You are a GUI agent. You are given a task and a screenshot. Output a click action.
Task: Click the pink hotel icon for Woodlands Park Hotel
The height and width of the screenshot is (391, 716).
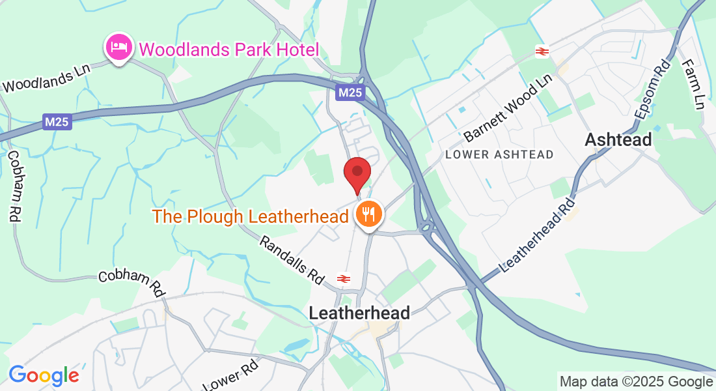pyautogui.click(x=118, y=48)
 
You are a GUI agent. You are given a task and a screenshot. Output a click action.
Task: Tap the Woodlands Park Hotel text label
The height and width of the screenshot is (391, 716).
pyautogui.click(x=228, y=50)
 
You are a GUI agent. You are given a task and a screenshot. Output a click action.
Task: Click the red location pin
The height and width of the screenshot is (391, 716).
pyautogui.click(x=357, y=172)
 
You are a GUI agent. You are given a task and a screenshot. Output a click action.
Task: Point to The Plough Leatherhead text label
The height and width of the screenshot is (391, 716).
pyautogui.click(x=251, y=216)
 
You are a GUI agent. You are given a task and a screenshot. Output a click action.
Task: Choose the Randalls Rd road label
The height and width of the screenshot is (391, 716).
pyautogui.click(x=292, y=259)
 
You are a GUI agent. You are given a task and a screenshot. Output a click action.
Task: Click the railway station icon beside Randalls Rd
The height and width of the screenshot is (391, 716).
pyautogui.click(x=343, y=278)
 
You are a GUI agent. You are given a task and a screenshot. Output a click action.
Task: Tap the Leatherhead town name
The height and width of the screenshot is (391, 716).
pyautogui.click(x=359, y=313)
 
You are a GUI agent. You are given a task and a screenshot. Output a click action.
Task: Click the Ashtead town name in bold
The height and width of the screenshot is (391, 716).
pyautogui.click(x=618, y=139)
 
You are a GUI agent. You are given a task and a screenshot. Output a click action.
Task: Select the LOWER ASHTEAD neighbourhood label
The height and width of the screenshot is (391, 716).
pyautogui.click(x=499, y=154)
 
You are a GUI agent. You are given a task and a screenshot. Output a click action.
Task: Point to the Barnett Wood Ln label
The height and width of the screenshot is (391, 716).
pyautogui.click(x=508, y=109)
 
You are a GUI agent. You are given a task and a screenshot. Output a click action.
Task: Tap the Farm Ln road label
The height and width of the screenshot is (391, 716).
pyautogui.click(x=693, y=84)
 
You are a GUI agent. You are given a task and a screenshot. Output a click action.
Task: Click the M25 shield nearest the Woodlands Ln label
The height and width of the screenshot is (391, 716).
pyautogui.click(x=57, y=122)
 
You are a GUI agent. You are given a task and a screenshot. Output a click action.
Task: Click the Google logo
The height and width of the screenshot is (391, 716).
pyautogui.click(x=44, y=375)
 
